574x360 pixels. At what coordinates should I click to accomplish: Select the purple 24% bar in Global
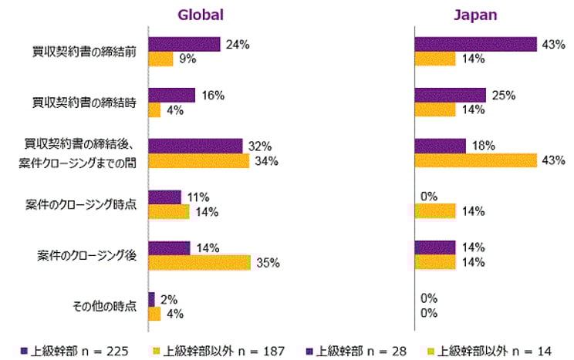click(x=184, y=45)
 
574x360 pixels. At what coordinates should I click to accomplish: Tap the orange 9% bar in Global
click(x=160, y=59)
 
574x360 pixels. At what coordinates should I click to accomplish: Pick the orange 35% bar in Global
click(x=199, y=263)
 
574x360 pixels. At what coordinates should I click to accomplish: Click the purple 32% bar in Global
click(x=194, y=146)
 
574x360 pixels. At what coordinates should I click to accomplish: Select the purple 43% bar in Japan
click(x=475, y=45)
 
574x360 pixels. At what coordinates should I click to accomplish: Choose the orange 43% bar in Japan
click(x=475, y=161)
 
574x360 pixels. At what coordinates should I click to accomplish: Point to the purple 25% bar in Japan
click(x=450, y=96)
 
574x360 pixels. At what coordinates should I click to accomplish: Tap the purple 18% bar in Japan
click(x=440, y=146)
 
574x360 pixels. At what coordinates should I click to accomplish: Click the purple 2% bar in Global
click(x=151, y=298)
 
